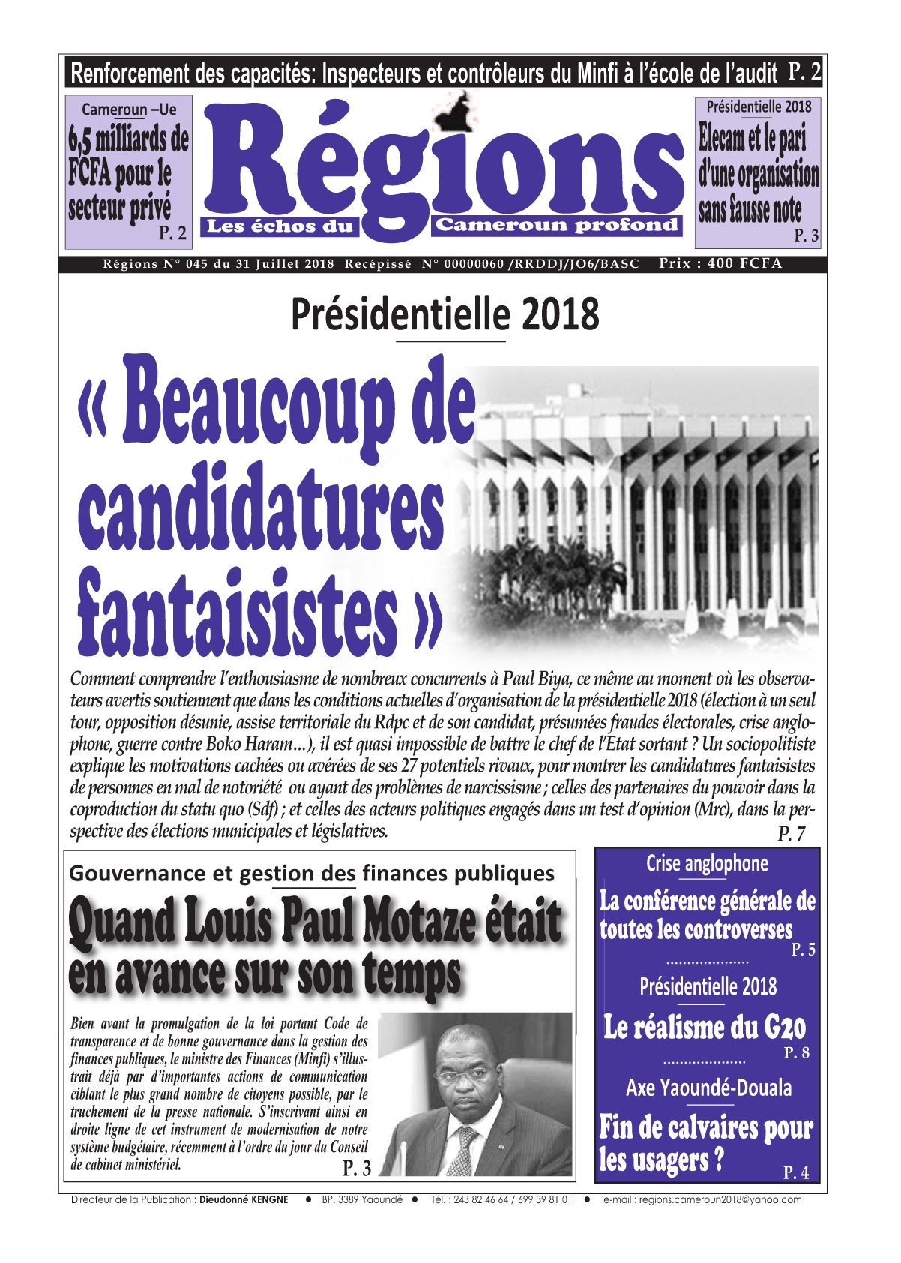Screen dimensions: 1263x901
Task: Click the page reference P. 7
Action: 791,833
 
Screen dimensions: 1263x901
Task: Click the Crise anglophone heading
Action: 707,864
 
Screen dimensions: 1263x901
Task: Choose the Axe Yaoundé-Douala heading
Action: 708,1087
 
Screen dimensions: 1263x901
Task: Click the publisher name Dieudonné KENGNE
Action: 244,1199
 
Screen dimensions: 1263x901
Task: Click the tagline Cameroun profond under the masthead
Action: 557,225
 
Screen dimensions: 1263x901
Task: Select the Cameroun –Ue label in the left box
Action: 129,109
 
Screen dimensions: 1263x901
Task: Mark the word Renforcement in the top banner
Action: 129,74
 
